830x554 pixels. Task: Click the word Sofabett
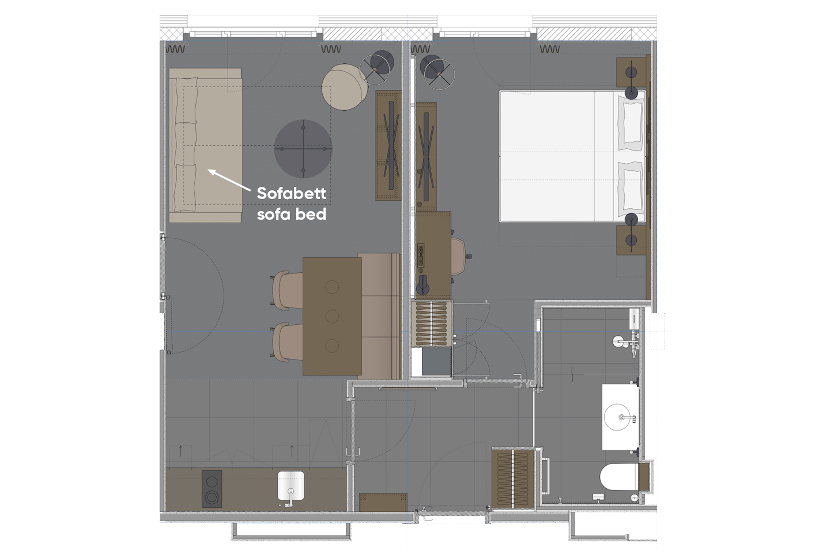click(x=291, y=193)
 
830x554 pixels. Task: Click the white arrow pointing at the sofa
click(x=229, y=180)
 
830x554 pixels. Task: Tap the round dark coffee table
click(x=303, y=149)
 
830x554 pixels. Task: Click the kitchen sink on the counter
click(x=291, y=486)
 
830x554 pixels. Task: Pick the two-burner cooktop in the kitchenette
click(x=212, y=489)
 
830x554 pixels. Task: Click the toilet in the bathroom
click(x=620, y=477)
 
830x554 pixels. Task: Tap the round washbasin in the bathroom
click(x=618, y=417)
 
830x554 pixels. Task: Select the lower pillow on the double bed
click(x=631, y=188)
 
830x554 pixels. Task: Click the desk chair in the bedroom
click(x=459, y=257)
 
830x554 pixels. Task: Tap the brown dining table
click(x=332, y=316)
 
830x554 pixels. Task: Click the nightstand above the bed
click(x=631, y=72)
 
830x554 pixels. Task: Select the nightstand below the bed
click(x=631, y=240)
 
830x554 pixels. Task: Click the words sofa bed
click(x=291, y=214)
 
